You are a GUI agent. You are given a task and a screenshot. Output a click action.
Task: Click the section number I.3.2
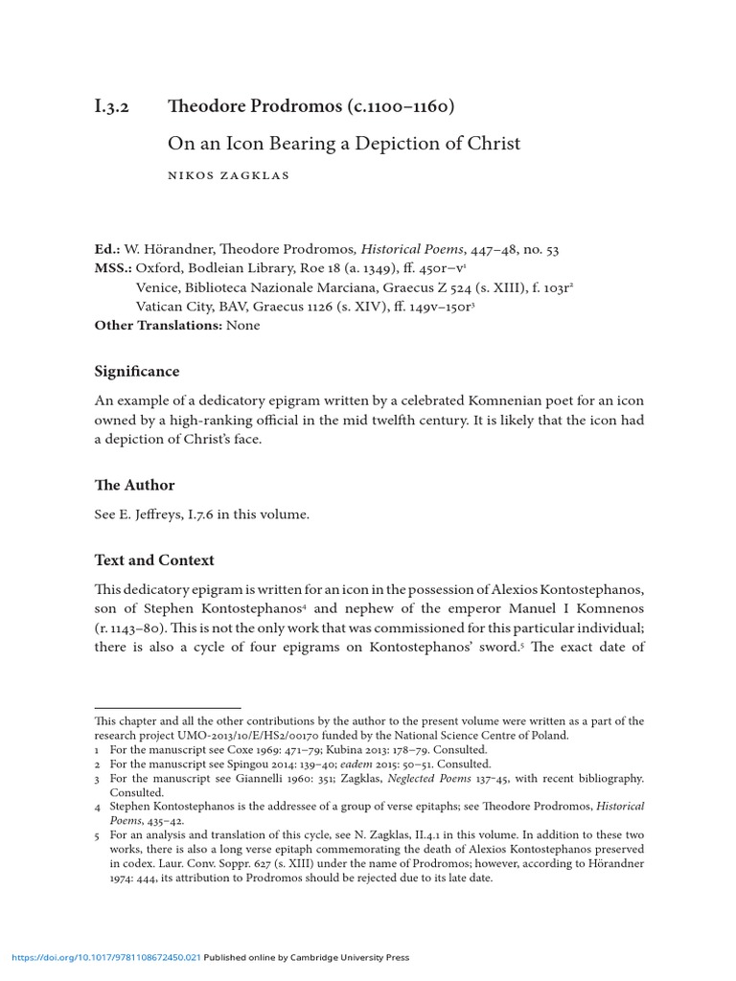tap(114, 106)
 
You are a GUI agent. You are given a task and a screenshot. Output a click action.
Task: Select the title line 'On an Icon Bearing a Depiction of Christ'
tap(344, 144)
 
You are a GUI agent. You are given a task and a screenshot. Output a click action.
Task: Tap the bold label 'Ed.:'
tap(108, 249)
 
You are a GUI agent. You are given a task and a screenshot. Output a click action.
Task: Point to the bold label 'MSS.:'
tap(113, 268)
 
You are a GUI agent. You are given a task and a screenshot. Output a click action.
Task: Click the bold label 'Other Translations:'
tap(158, 326)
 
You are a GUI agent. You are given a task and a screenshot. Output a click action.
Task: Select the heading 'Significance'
tap(136, 371)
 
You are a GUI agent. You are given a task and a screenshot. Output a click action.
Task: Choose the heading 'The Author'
tap(134, 485)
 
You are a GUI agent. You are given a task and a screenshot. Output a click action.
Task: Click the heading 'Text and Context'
tap(154, 559)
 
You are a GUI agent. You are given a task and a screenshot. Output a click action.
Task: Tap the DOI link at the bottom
tap(105, 957)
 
